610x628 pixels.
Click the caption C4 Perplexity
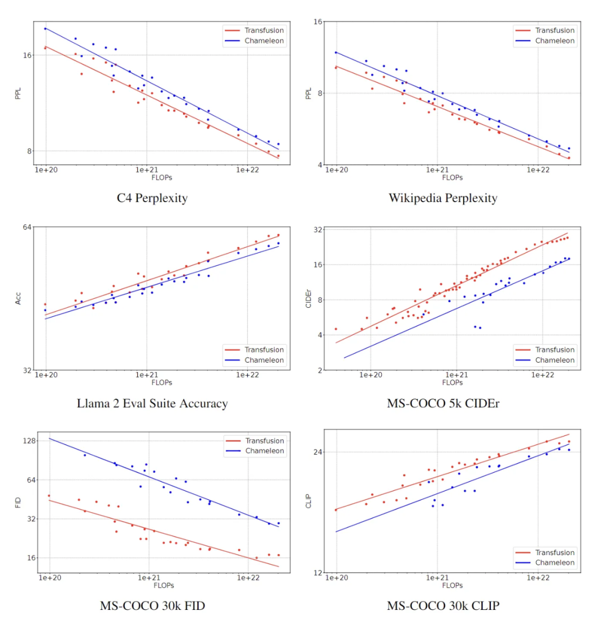(152, 198)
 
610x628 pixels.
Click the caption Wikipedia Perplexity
(443, 198)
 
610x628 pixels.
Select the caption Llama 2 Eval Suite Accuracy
(152, 403)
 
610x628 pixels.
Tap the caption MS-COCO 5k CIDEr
(443, 403)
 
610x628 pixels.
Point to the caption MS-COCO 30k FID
(152, 606)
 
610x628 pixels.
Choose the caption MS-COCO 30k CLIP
(443, 606)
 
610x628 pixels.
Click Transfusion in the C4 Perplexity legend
(264, 30)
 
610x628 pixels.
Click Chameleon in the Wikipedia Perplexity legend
(555, 41)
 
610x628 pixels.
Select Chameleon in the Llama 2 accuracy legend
(264, 360)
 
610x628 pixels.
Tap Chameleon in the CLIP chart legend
(555, 562)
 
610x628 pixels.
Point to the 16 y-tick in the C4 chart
(27, 55)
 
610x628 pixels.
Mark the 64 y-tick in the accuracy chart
(27, 227)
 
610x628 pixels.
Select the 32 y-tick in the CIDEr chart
(317, 230)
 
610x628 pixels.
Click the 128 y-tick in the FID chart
(28, 441)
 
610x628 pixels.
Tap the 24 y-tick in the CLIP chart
(317, 452)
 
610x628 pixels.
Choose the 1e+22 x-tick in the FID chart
(249, 578)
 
